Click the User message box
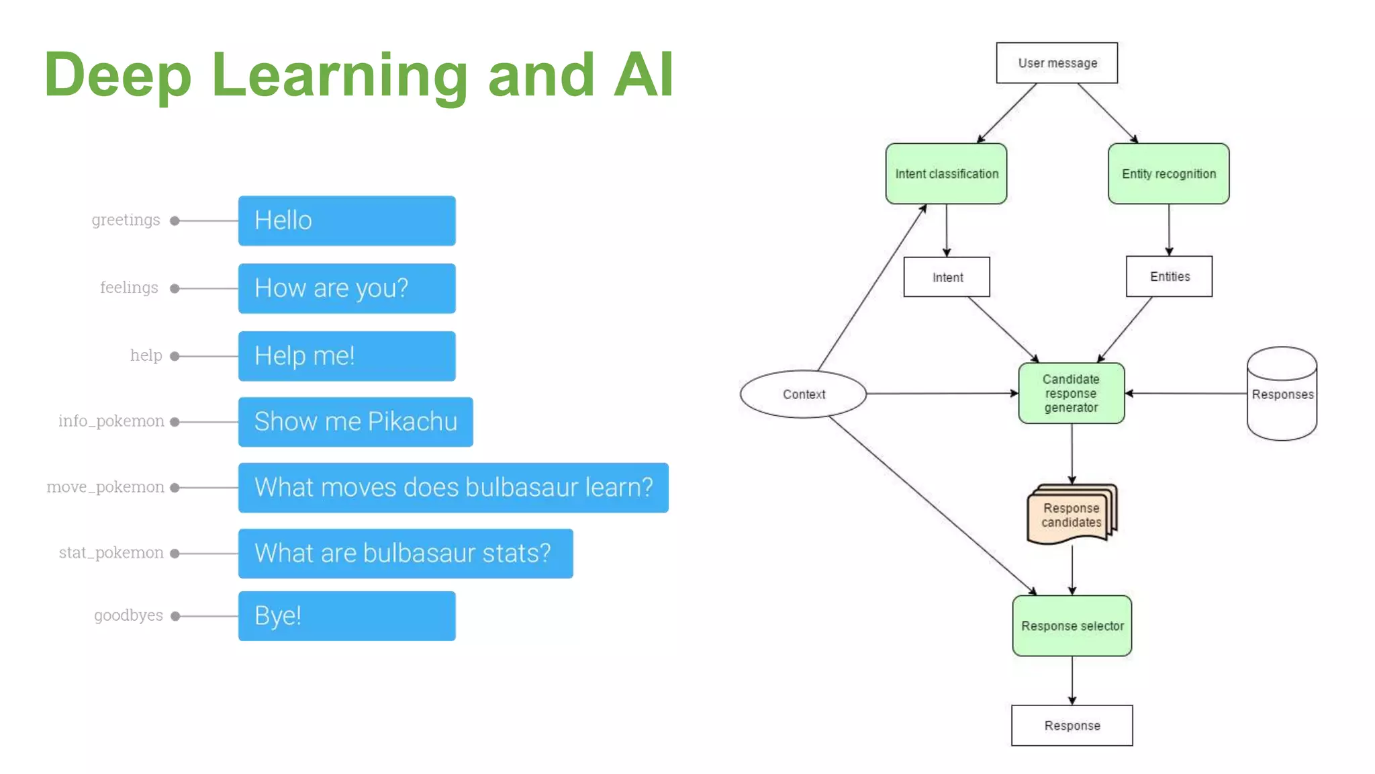coord(1057,63)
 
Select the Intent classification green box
coord(946,174)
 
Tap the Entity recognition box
coord(1168,174)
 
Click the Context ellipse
coord(803,394)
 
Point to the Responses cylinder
coord(1282,394)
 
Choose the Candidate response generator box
coord(1071,394)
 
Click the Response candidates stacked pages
coord(1071,515)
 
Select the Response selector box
coord(1072,626)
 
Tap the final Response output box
coord(1072,726)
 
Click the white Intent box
coord(947,277)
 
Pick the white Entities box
coord(1169,277)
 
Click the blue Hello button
coord(346,221)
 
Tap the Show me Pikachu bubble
coord(355,422)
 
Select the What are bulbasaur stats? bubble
coord(405,554)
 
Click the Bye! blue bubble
coord(346,616)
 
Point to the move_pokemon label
coord(105,487)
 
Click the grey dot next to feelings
coord(175,289)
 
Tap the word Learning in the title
coord(339,75)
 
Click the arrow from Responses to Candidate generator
coord(1186,394)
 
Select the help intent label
coord(146,355)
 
